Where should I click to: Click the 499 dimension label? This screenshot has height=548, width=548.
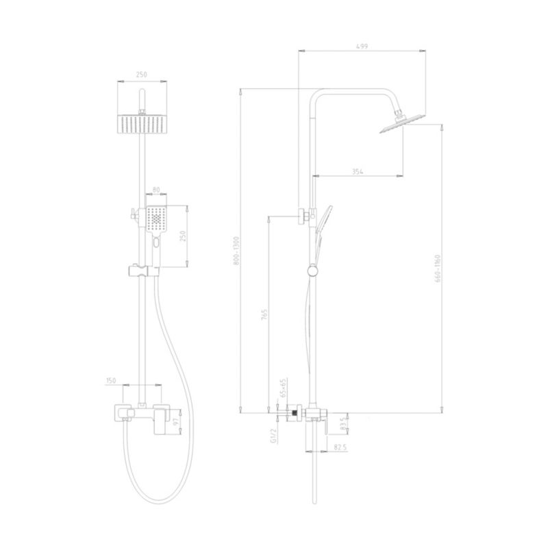[362, 46]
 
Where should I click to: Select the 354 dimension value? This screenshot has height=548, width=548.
[357, 171]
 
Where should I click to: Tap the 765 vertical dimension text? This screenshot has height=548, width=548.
[264, 315]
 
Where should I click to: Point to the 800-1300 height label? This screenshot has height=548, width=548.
[236, 251]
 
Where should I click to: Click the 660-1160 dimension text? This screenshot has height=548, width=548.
[438, 269]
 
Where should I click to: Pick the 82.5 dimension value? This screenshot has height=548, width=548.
[340, 447]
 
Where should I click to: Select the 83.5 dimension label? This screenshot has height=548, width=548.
[343, 423]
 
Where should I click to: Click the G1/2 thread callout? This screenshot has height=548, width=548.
[273, 436]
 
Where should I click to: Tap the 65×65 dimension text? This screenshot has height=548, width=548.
[284, 388]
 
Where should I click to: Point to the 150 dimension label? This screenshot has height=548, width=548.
[111, 381]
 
